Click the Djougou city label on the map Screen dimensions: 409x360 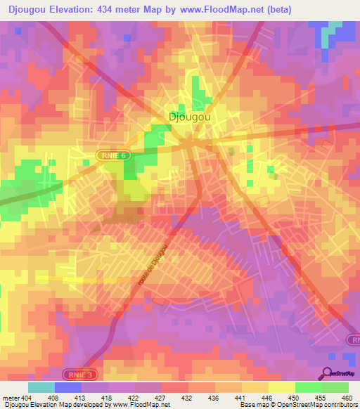(190, 117)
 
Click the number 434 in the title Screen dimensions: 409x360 (117, 9)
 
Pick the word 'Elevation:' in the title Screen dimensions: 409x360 (77, 9)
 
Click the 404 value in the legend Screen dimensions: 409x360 (26, 397)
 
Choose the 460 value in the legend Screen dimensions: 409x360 (345, 397)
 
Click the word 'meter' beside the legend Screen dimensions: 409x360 (11, 397)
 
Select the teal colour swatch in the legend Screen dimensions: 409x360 (41, 387)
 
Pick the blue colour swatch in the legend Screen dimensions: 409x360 (68, 387)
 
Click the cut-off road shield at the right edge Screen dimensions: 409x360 (354, 339)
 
